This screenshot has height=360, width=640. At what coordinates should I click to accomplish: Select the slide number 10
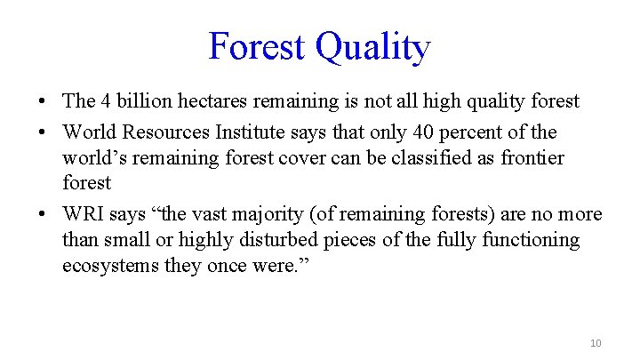click(596, 343)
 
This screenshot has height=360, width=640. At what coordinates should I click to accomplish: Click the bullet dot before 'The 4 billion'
click(42, 102)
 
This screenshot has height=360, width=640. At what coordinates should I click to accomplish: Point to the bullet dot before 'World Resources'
click(42, 133)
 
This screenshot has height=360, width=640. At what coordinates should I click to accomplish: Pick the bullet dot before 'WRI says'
click(42, 215)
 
